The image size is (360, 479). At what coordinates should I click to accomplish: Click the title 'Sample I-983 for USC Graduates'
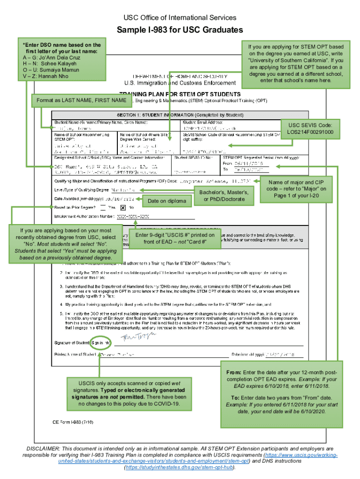(180, 30)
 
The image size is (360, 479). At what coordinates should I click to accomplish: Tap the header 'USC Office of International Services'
(180, 18)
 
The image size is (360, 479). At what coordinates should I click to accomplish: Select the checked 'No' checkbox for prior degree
(123, 207)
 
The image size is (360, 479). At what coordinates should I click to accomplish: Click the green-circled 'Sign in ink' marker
(101, 343)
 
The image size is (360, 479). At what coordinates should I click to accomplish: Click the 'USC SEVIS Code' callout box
(310, 129)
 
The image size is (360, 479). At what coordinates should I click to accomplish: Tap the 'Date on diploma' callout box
(167, 201)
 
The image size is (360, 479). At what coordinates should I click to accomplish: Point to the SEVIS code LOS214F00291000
(310, 132)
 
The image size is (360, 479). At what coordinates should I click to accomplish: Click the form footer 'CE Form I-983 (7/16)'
(73, 422)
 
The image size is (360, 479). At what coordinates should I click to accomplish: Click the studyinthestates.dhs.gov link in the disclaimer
(180, 467)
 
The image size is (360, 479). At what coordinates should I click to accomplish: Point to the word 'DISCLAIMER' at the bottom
(43, 449)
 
